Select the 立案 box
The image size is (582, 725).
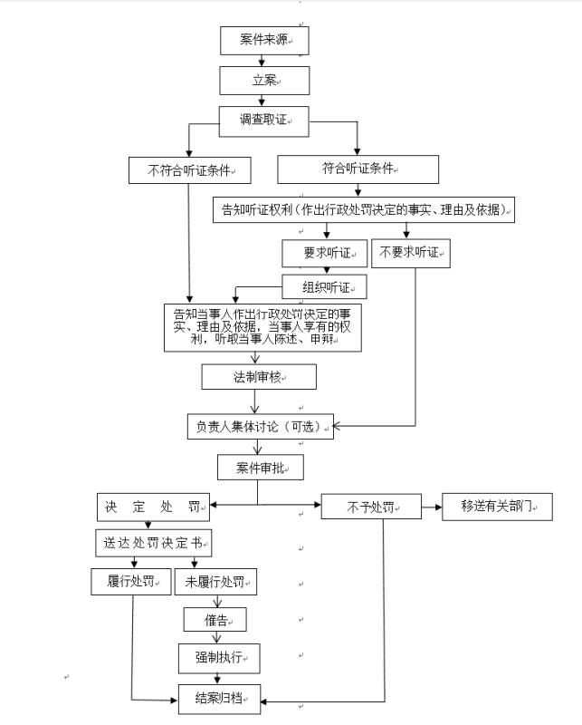click(264, 81)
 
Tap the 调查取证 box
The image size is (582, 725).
click(263, 119)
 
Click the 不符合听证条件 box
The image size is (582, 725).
click(188, 169)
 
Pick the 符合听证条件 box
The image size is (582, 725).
click(357, 169)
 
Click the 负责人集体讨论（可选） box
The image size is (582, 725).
click(260, 426)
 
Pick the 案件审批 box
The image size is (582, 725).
click(259, 468)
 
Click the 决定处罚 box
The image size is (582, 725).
click(154, 506)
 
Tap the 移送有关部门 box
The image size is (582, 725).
click(497, 506)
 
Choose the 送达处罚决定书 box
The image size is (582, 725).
click(153, 544)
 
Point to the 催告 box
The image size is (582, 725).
click(215, 620)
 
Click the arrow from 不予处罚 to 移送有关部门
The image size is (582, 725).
click(432, 507)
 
